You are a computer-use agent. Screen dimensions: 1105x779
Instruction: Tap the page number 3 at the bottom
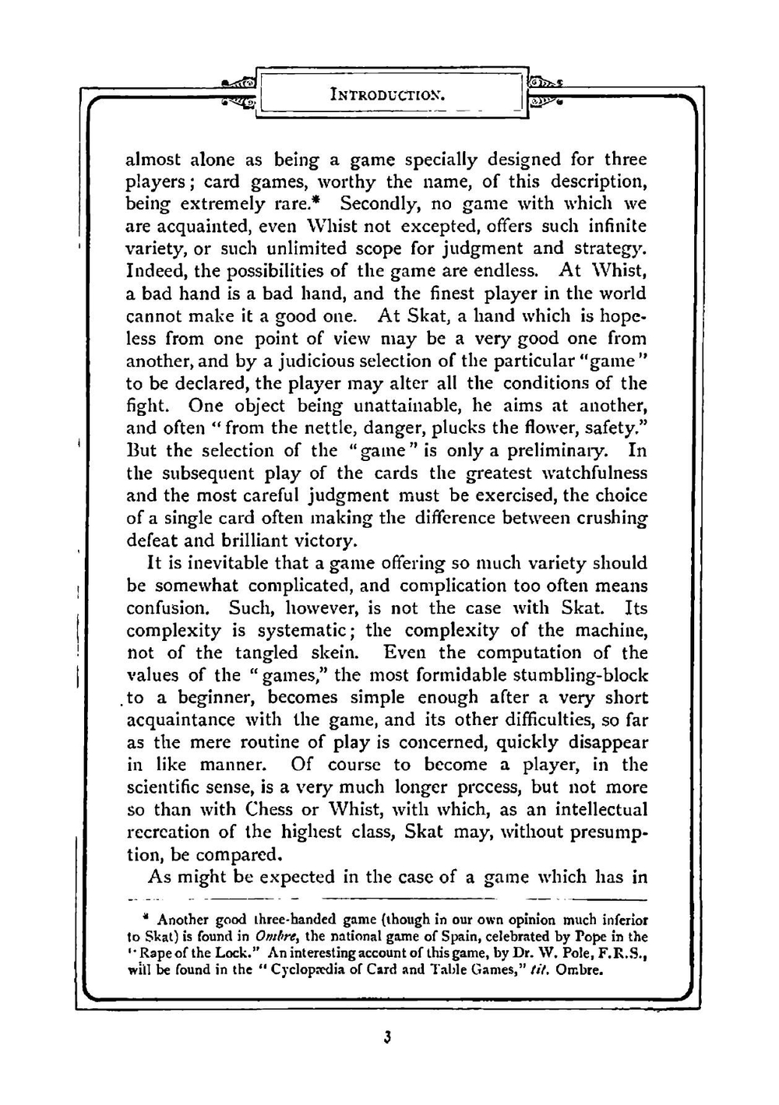click(386, 1036)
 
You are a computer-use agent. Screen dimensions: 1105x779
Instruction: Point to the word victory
click(319, 540)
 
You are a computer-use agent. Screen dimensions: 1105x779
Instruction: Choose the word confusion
click(167, 607)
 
